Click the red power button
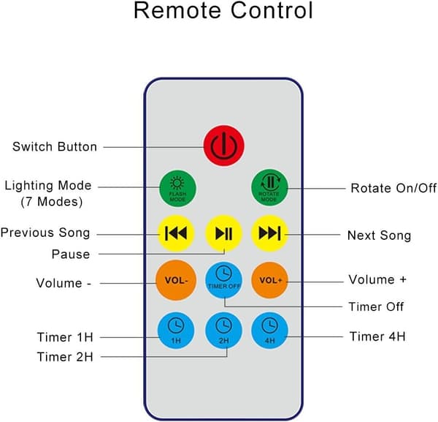224,146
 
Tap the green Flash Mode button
177,189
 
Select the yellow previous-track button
176,233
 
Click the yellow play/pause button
223,233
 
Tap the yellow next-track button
269,233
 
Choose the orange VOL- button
176,280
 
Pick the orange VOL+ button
269,280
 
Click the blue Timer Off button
223,280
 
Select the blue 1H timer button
176,331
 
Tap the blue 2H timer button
223,331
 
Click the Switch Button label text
55,146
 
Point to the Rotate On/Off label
393,188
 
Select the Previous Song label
45,233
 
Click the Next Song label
379,236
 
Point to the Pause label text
71,255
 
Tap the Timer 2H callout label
65,357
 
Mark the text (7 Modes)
52,201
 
